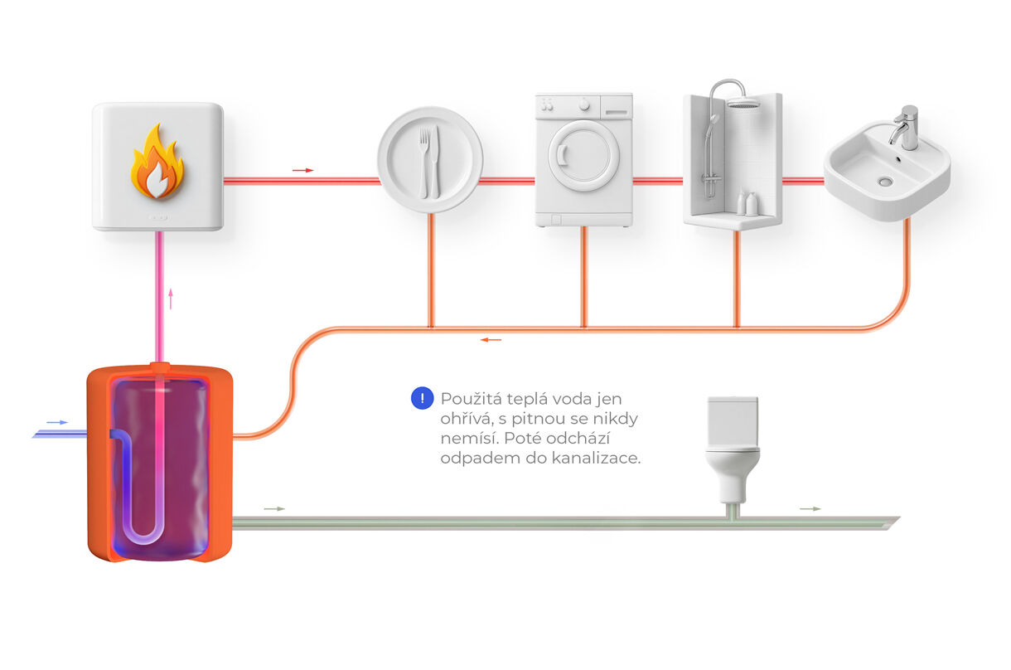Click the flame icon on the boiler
157,163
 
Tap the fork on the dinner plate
423,159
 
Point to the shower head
743,103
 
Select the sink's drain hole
887,181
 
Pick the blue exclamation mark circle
423,398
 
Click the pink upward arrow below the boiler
171,299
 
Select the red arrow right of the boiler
303,170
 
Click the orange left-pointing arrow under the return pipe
491,339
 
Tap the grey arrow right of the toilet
810,508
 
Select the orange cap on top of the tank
160,366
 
